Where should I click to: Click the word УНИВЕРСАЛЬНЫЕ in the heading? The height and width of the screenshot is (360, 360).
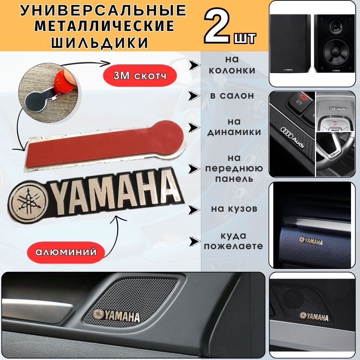pos(103,10)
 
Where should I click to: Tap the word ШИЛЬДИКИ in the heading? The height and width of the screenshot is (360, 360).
pos(100,42)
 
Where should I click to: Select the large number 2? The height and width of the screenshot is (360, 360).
pos(217,26)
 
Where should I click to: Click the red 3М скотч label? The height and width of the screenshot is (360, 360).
pos(140,76)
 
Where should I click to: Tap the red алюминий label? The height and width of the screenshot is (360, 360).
pos(66,252)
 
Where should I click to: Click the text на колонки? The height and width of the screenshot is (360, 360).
pos(232,65)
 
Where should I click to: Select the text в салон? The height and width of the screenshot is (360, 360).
pos(232,95)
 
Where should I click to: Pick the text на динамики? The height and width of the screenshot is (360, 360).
pos(234,127)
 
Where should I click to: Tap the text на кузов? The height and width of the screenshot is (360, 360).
pos(234,209)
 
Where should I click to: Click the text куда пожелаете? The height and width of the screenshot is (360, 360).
pos(234,241)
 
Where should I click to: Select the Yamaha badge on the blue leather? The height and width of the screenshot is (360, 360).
pos(311,241)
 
